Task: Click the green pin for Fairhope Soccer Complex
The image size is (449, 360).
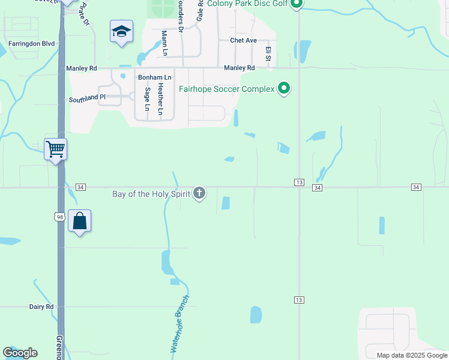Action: (284, 89)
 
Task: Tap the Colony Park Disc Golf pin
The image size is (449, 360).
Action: (296, 5)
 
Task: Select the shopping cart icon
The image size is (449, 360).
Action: (56, 149)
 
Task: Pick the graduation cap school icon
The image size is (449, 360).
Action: (121, 31)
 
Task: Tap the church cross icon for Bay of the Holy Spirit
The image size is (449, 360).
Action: (199, 193)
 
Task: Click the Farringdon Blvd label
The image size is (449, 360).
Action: (31, 44)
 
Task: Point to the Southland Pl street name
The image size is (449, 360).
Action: (87, 97)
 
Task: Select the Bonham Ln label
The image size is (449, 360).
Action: (155, 78)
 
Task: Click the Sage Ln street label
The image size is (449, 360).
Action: (147, 99)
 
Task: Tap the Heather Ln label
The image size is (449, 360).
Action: (160, 99)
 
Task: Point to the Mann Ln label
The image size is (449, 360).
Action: (164, 43)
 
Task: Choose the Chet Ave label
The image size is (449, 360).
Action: (243, 41)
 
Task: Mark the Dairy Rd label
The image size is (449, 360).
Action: (41, 307)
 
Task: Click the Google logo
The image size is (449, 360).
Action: (20, 353)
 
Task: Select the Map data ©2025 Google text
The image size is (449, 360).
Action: (411, 355)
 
